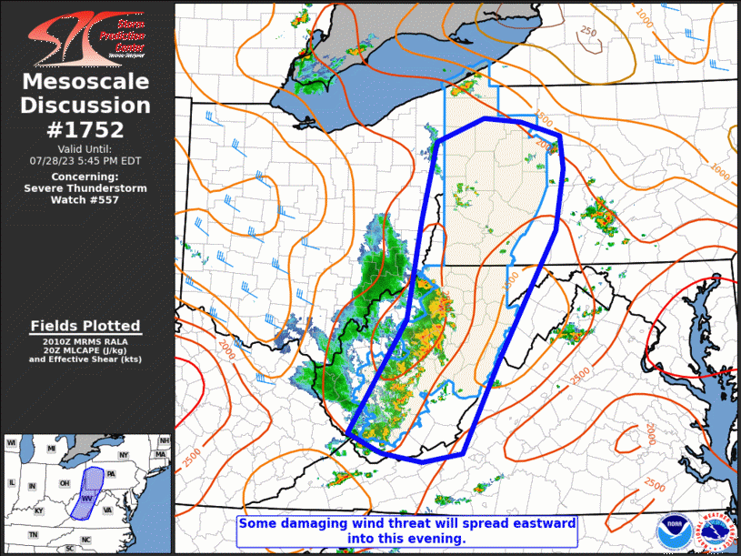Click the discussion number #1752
point(85,130)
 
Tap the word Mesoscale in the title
point(85,83)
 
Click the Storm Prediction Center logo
point(85,36)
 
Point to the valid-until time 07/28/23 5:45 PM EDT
point(85,159)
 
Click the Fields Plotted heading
point(85,326)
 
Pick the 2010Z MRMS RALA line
point(85,340)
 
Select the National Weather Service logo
point(714,531)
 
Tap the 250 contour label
point(589,32)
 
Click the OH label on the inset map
point(64,483)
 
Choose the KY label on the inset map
point(38,511)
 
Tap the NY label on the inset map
point(125,454)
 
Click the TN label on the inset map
point(33,534)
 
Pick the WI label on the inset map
point(12,443)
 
